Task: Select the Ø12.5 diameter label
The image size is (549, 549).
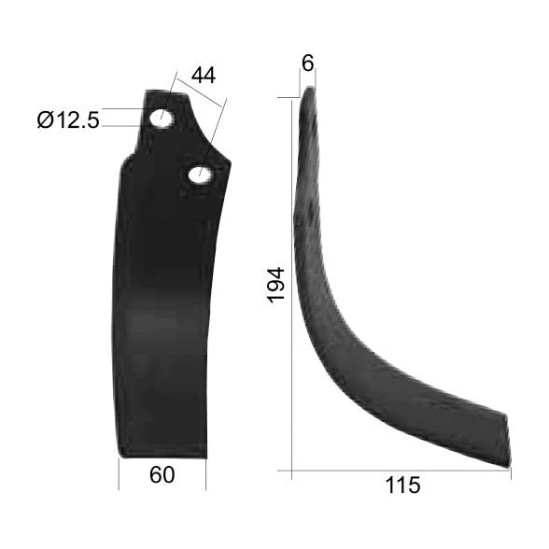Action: (68, 120)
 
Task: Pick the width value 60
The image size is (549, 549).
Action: (162, 475)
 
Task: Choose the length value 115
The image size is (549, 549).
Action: (401, 486)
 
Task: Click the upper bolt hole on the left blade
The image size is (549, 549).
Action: (162, 118)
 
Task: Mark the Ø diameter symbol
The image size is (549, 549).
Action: (47, 120)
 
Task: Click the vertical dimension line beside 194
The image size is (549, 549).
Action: (292, 280)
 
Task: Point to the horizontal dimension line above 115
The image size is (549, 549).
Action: (401, 470)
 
